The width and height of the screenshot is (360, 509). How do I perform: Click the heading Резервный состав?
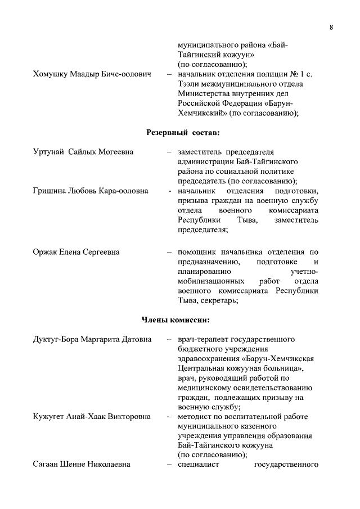tap(183, 132)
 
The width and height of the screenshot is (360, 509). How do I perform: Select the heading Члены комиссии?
tap(175, 320)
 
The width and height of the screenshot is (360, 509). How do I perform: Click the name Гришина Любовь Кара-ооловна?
tap(91, 191)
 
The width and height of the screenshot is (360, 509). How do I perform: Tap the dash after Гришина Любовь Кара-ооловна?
tap(169, 191)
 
